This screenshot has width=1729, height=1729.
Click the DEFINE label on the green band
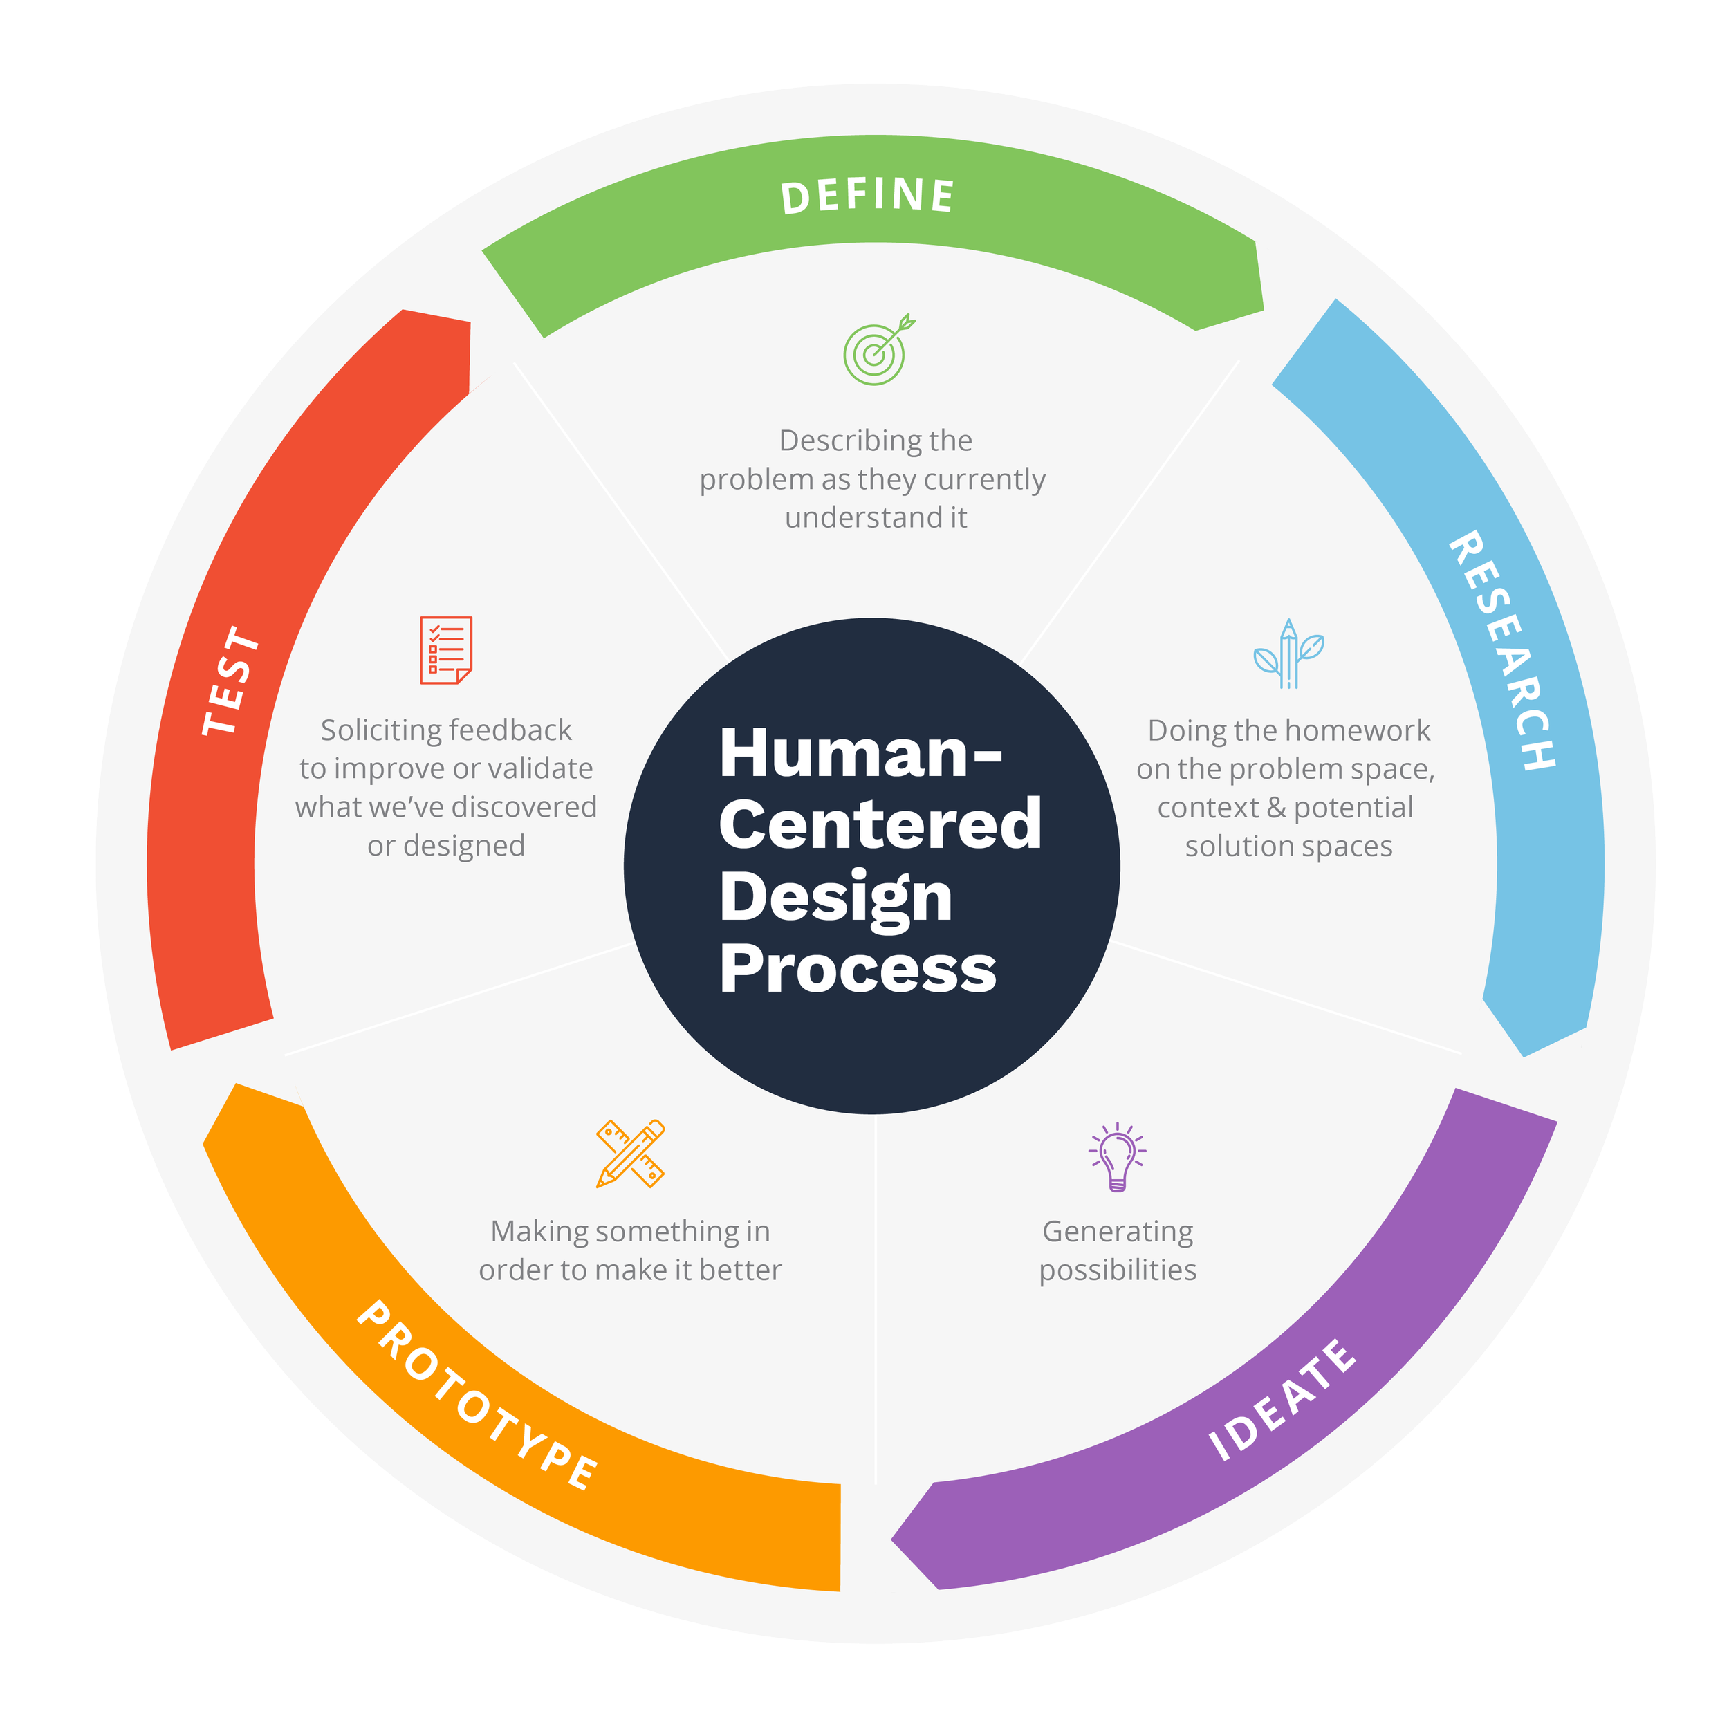click(x=867, y=196)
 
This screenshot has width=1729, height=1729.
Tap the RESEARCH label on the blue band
click(x=1504, y=651)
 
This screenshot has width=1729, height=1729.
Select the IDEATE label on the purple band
click(x=1282, y=1400)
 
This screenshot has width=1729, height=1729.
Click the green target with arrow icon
click(x=878, y=350)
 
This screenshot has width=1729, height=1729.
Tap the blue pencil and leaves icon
click(x=1288, y=654)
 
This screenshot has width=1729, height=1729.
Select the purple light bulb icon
click(x=1117, y=1157)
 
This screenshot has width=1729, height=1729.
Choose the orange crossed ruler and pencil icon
click(x=631, y=1154)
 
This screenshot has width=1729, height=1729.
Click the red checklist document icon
click(x=445, y=649)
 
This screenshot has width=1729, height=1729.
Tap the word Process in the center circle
click(x=858, y=968)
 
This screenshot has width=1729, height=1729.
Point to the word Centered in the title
click(x=880, y=825)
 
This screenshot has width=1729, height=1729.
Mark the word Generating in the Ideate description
click(x=1118, y=1232)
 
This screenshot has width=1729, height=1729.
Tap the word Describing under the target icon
click(x=838, y=441)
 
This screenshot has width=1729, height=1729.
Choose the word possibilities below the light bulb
click(x=1118, y=1270)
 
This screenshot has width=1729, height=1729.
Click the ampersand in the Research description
click(x=1276, y=808)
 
